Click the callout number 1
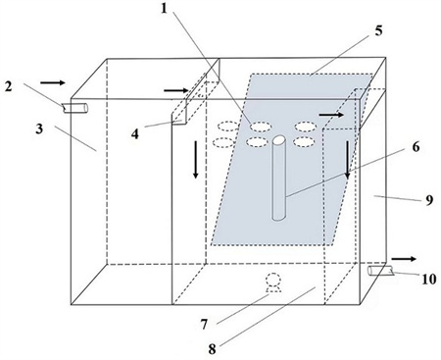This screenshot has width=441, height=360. pos(164,9)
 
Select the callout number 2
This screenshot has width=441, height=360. pos(8,86)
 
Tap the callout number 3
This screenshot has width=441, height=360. pos(39,129)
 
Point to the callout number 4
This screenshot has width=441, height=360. pos(135,133)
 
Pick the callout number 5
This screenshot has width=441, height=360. pos(378,30)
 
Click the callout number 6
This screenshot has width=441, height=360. pos(416,147)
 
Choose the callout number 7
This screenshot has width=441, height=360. pos(204,325)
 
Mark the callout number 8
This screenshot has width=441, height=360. pos(213,349)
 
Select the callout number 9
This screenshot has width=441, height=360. pos(429,199)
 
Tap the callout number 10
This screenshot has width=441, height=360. pos(429,280)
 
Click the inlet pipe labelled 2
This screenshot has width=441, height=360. pos(75,108)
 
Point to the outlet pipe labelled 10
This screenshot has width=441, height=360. pos(380,271)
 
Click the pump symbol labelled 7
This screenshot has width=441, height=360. pos(273,283)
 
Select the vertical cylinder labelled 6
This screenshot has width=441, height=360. pos(278,179)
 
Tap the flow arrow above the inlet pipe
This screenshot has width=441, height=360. pos(53,82)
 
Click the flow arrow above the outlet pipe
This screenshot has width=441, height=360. pos(404,259)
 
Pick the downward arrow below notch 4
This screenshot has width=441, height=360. pos(195,160)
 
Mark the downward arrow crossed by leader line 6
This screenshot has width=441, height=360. pos(348,160)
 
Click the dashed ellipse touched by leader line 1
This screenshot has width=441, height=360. pos(261,127)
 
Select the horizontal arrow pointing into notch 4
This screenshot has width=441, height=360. pos(176,90)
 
